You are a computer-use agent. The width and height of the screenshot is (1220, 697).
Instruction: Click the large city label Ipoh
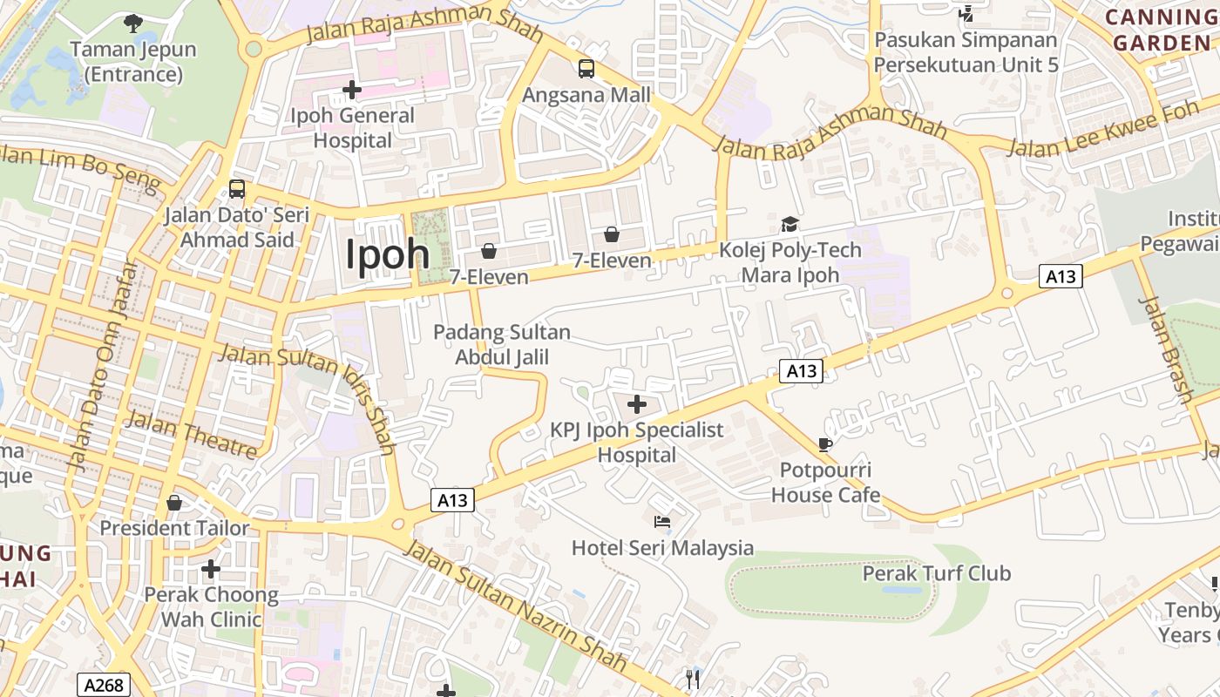388,254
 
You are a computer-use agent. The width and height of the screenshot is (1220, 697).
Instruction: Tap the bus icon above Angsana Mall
586,68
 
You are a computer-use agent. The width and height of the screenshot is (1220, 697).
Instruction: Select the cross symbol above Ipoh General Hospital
352,89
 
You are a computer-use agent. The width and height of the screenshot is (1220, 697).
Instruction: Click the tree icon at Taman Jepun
132,23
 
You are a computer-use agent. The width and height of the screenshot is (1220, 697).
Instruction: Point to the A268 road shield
104,685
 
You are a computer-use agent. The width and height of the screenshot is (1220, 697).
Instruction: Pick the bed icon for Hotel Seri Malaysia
662,522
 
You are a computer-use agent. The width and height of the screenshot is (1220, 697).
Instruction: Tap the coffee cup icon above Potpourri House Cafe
825,444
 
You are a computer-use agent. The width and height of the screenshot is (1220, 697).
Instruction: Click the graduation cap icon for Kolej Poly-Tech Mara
790,224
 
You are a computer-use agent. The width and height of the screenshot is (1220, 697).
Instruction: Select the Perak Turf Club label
936,573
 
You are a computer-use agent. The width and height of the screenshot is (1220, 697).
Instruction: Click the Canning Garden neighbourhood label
1162,30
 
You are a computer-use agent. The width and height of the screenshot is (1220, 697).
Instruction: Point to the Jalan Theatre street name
192,435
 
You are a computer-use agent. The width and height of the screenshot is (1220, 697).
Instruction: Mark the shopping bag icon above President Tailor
174,503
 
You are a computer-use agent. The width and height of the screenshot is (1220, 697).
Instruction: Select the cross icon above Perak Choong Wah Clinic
210,569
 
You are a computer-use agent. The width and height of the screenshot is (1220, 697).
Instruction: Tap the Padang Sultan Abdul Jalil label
502,344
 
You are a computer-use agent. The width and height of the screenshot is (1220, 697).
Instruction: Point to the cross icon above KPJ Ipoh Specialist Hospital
637,404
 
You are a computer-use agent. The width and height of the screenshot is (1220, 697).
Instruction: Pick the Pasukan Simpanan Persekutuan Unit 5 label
966,52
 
